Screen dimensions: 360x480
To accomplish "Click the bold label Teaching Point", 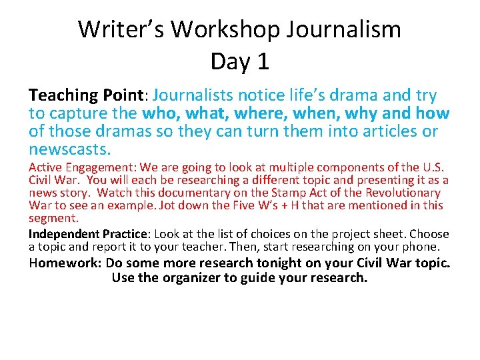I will click(83, 95).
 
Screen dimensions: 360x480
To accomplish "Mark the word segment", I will click(53, 218).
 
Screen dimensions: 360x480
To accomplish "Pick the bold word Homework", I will click(65, 263).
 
